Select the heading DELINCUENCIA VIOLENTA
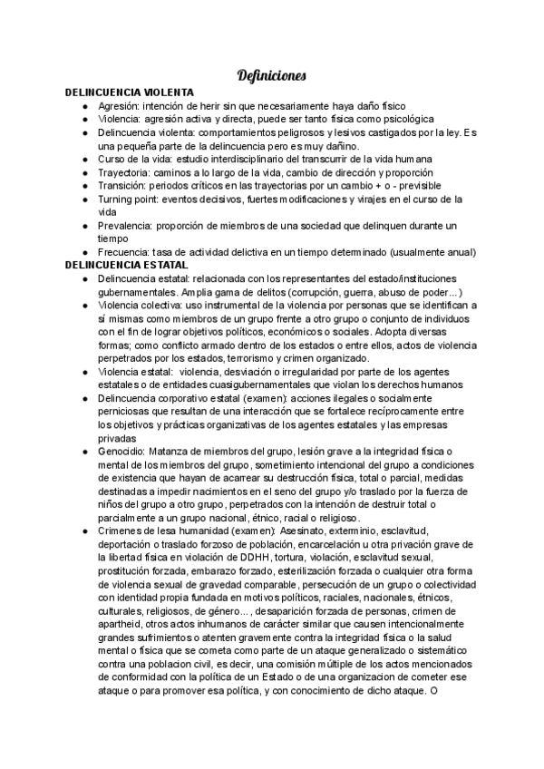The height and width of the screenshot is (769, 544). [129, 92]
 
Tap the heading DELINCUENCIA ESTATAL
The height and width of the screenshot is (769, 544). [126, 264]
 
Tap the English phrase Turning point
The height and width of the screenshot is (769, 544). [131, 199]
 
